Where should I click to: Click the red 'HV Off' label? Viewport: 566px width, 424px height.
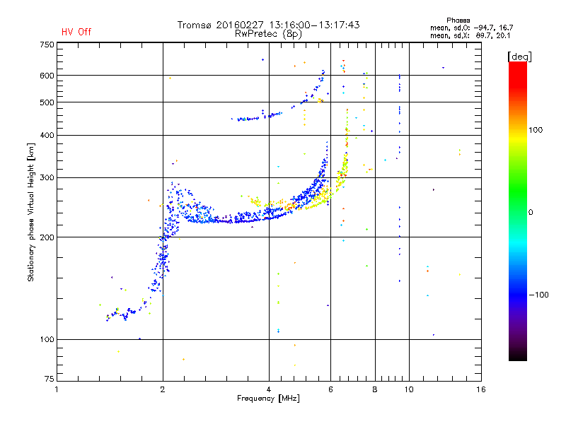coord(76,32)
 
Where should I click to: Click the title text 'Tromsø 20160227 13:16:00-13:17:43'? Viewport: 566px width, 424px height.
coord(268,25)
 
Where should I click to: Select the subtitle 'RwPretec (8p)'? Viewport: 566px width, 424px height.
coord(268,34)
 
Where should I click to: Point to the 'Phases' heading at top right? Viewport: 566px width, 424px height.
coord(458,20)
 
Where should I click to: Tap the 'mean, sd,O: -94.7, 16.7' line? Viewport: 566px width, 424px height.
coord(471,28)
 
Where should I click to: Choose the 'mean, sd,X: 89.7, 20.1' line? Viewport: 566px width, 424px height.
coord(470,36)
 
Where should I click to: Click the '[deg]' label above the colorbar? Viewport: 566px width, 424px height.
coord(519,57)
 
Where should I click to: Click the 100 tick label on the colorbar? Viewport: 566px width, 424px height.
coord(536,130)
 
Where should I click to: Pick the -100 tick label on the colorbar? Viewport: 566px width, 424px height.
coord(538,295)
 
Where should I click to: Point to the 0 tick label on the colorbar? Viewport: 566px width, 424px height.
coord(531,213)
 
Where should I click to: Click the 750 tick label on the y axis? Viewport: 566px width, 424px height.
coord(47,45)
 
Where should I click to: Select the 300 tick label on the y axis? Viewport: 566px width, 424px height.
coord(47,178)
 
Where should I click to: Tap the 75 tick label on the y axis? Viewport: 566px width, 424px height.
coord(50,379)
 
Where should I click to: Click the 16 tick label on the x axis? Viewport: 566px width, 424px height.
coord(481,389)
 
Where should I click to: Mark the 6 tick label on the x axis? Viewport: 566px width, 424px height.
coord(330,389)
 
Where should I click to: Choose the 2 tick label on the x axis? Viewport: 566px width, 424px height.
coord(163,389)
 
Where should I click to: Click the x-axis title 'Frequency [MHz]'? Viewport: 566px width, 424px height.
coord(268,399)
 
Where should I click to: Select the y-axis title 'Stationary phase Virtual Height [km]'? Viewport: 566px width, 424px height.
coord(30,213)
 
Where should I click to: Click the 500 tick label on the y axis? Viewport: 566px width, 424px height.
coord(47,102)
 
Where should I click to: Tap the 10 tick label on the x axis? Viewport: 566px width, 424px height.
coord(409,389)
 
